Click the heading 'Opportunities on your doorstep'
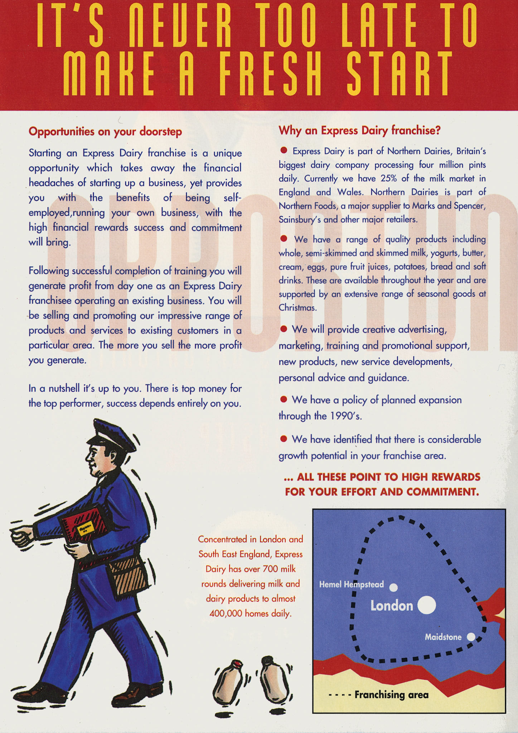click(x=105, y=131)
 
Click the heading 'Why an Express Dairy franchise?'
click(x=359, y=130)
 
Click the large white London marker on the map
click(x=426, y=605)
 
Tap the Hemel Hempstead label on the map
click(x=351, y=584)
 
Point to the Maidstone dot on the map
click(x=471, y=637)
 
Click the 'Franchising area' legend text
click(x=391, y=695)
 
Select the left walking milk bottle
click(x=228, y=683)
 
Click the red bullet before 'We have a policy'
click(x=284, y=399)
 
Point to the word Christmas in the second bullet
click(x=297, y=307)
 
